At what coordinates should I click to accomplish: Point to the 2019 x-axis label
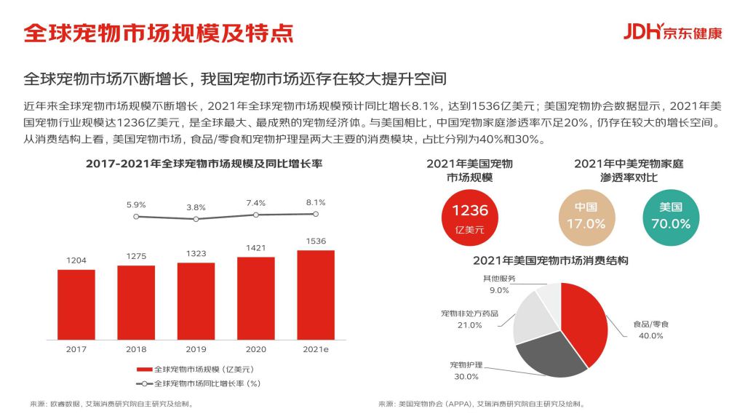[196, 349]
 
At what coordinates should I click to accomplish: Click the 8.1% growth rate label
[316, 202]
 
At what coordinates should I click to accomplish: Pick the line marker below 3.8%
[196, 219]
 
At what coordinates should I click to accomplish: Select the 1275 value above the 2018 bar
[136, 256]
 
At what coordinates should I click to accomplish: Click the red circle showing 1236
[470, 218]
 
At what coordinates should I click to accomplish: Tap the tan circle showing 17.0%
[586, 217]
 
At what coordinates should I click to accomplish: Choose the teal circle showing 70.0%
[670, 217]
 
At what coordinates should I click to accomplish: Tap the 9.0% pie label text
[499, 290]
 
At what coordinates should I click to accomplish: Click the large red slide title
[159, 33]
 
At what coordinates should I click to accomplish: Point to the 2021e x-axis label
[316, 349]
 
